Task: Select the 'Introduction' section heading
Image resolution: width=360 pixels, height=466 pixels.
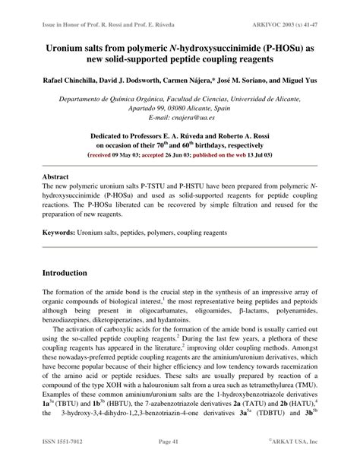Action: click(x=70, y=272)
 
